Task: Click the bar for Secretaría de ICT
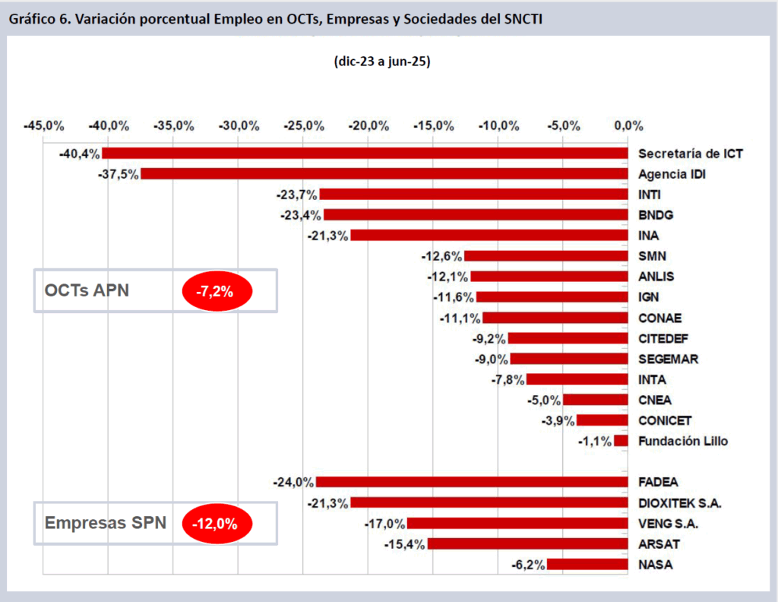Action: point(367,154)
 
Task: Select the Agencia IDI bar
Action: point(384,174)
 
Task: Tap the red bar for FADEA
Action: point(472,482)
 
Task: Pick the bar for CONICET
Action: point(602,420)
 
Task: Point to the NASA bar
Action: point(587,564)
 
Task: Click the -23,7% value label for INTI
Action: point(297,195)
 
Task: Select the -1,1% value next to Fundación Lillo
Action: point(595,441)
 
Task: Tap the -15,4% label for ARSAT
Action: point(405,543)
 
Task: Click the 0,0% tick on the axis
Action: point(628,125)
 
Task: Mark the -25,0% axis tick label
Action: point(303,125)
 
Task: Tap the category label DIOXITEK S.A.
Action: point(680,502)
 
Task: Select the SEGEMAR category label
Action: point(668,359)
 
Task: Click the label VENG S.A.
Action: point(668,523)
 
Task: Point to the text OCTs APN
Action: point(87,290)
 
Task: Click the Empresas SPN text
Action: point(105,523)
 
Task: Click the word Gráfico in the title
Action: point(33,17)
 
